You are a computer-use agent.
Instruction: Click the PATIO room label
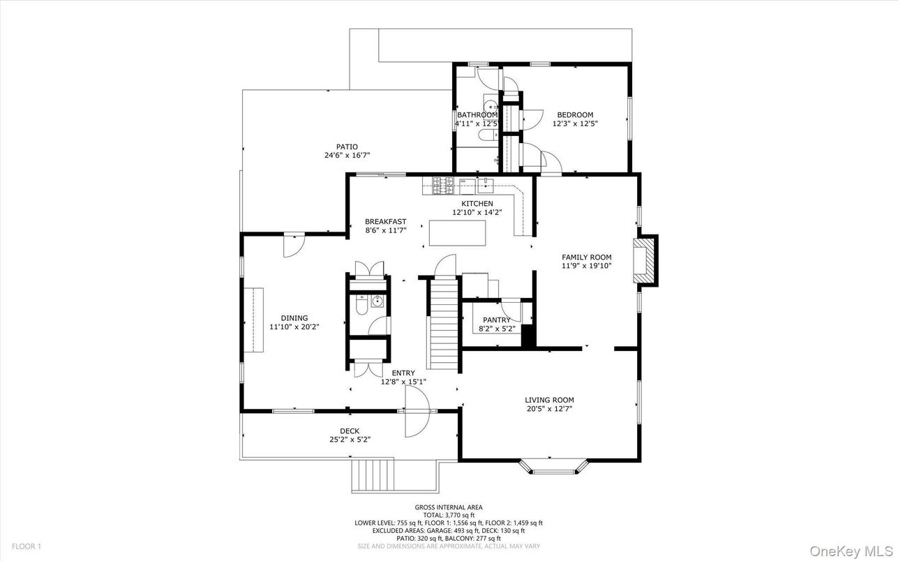pos(346,147)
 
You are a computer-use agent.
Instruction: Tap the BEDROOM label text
pos(575,115)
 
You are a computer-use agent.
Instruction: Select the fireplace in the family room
pos(645,260)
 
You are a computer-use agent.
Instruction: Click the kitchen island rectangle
pos(457,232)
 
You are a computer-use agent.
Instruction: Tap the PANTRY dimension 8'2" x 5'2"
pos(497,329)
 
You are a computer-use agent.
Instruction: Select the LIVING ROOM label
pos(549,400)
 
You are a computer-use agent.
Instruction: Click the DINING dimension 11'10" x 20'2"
pos(294,327)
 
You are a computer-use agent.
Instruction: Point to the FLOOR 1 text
pos(27,546)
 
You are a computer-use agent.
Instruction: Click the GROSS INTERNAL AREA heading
pos(448,507)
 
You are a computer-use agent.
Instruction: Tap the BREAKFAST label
pos(385,222)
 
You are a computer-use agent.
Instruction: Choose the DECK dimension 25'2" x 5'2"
pos(350,440)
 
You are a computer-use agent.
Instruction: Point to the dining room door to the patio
pos(292,246)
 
